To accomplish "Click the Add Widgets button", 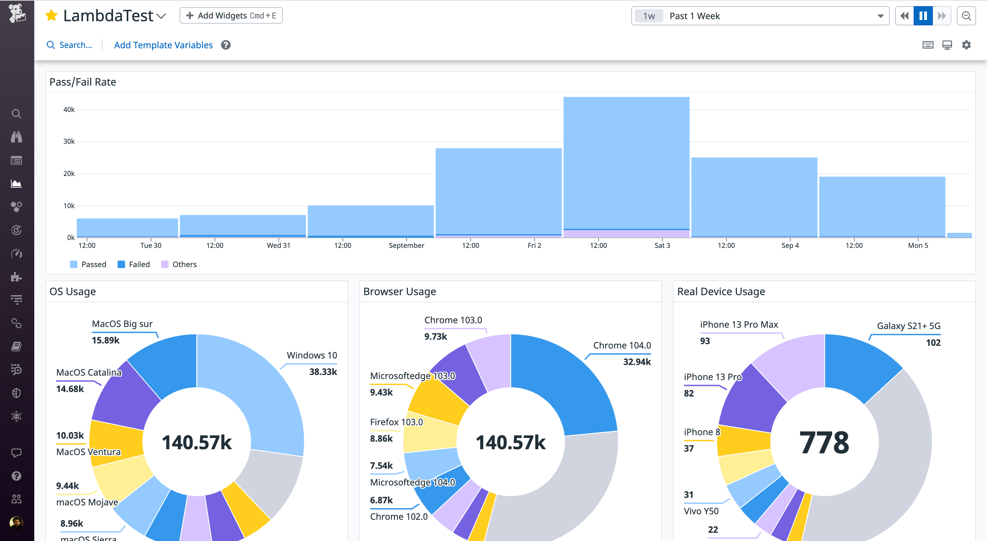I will (x=231, y=16).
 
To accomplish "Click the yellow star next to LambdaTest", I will (x=51, y=16).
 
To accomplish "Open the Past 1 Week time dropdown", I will (x=760, y=16).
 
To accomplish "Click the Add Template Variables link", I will (x=163, y=45).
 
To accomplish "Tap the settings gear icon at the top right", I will (x=966, y=45).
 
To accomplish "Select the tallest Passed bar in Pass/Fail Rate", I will (x=626, y=161).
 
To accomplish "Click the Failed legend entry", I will (x=134, y=264).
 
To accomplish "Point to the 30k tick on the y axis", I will (x=69, y=142).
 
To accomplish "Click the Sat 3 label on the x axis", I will (x=662, y=246).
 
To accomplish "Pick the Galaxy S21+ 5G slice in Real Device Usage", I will (x=858, y=364).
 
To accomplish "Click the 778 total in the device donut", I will (x=824, y=442).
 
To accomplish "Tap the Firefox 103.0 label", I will (x=397, y=422).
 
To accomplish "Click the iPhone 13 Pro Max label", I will (x=739, y=325).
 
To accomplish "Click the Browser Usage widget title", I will (x=400, y=292).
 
